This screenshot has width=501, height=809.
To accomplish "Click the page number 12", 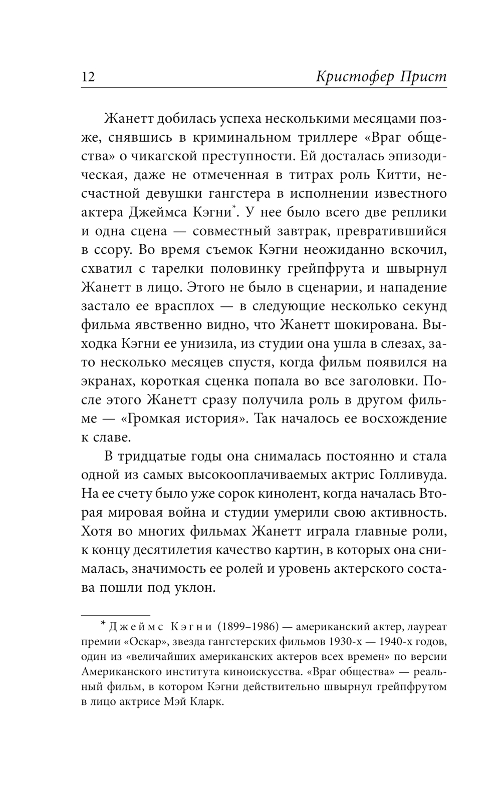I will (88, 77).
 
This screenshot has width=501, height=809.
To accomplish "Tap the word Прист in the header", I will (423, 77).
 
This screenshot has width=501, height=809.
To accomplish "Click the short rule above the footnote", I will (115, 614).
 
